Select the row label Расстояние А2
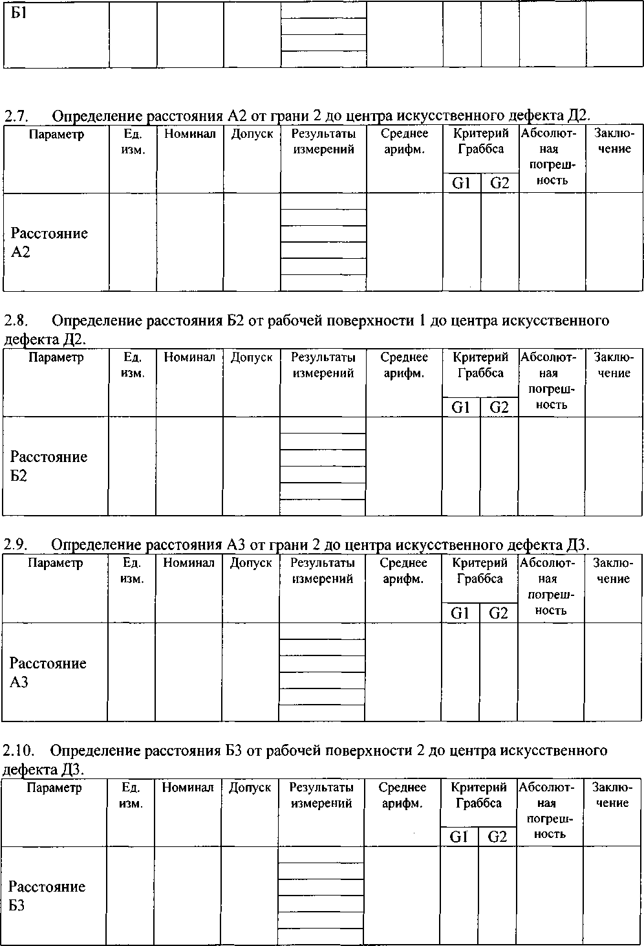point(49,242)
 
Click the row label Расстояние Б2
point(48,466)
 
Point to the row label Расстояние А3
point(48,672)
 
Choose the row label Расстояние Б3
point(47,896)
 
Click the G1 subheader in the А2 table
point(461,183)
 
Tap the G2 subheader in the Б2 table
point(499,407)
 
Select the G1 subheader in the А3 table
point(460,613)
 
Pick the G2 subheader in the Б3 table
point(497,836)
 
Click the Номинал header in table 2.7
point(190,135)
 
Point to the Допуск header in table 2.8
point(252,357)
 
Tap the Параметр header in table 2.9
point(56,563)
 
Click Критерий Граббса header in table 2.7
point(481,142)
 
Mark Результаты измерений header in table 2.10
point(321,795)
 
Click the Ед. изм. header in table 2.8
point(133,365)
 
